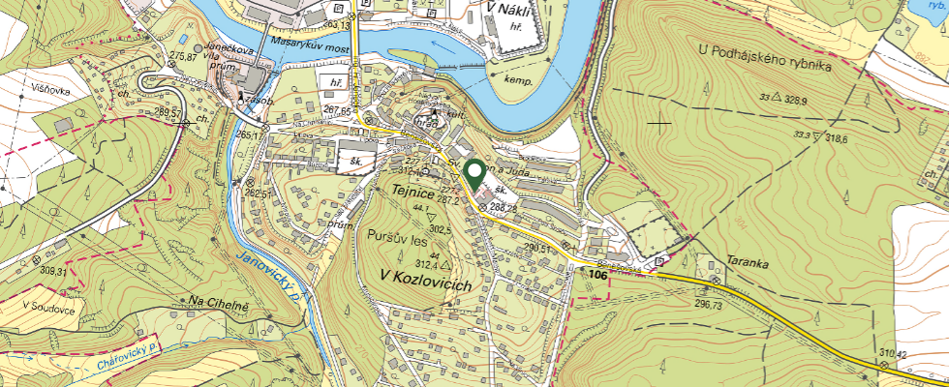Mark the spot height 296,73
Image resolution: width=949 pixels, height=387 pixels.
point(709,304)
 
